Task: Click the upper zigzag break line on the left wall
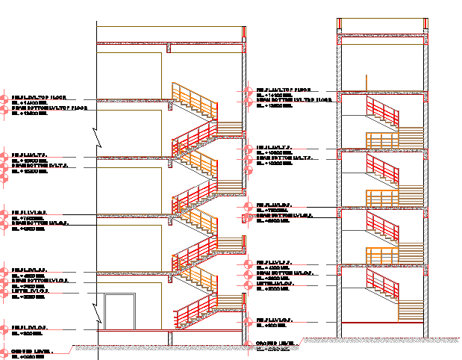[x=96, y=137]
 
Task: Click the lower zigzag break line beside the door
[x=96, y=307]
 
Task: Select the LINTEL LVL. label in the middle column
[x=273, y=285]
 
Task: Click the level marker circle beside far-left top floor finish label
[x=6, y=98]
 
